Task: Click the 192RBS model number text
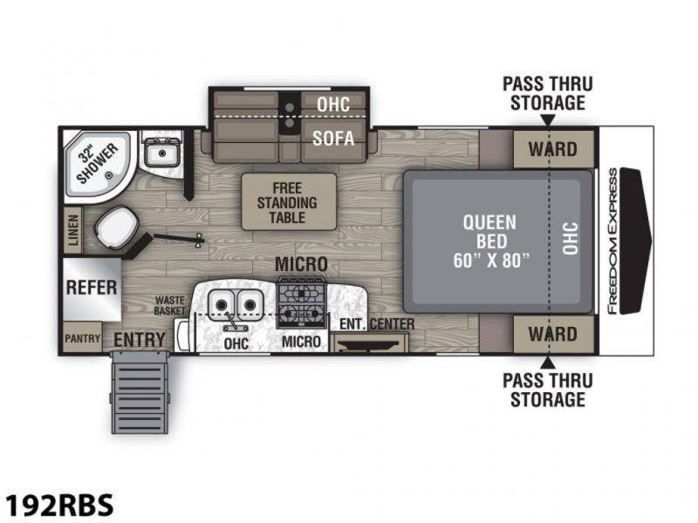click(x=59, y=505)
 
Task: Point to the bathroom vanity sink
click(x=161, y=152)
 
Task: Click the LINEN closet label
click(x=73, y=229)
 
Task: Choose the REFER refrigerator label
click(x=92, y=288)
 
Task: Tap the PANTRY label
click(x=82, y=339)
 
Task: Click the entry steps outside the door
click(x=140, y=392)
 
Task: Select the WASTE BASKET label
click(x=169, y=306)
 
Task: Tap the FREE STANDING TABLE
click(x=289, y=202)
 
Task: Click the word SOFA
click(x=333, y=139)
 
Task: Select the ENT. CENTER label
click(x=377, y=324)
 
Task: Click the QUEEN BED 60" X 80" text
click(x=491, y=241)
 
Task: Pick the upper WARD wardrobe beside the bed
click(x=553, y=149)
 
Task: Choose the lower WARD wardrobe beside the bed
click(x=553, y=334)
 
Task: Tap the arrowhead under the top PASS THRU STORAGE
click(x=549, y=120)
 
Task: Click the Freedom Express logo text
click(x=612, y=241)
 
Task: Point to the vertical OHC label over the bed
click(x=571, y=239)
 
